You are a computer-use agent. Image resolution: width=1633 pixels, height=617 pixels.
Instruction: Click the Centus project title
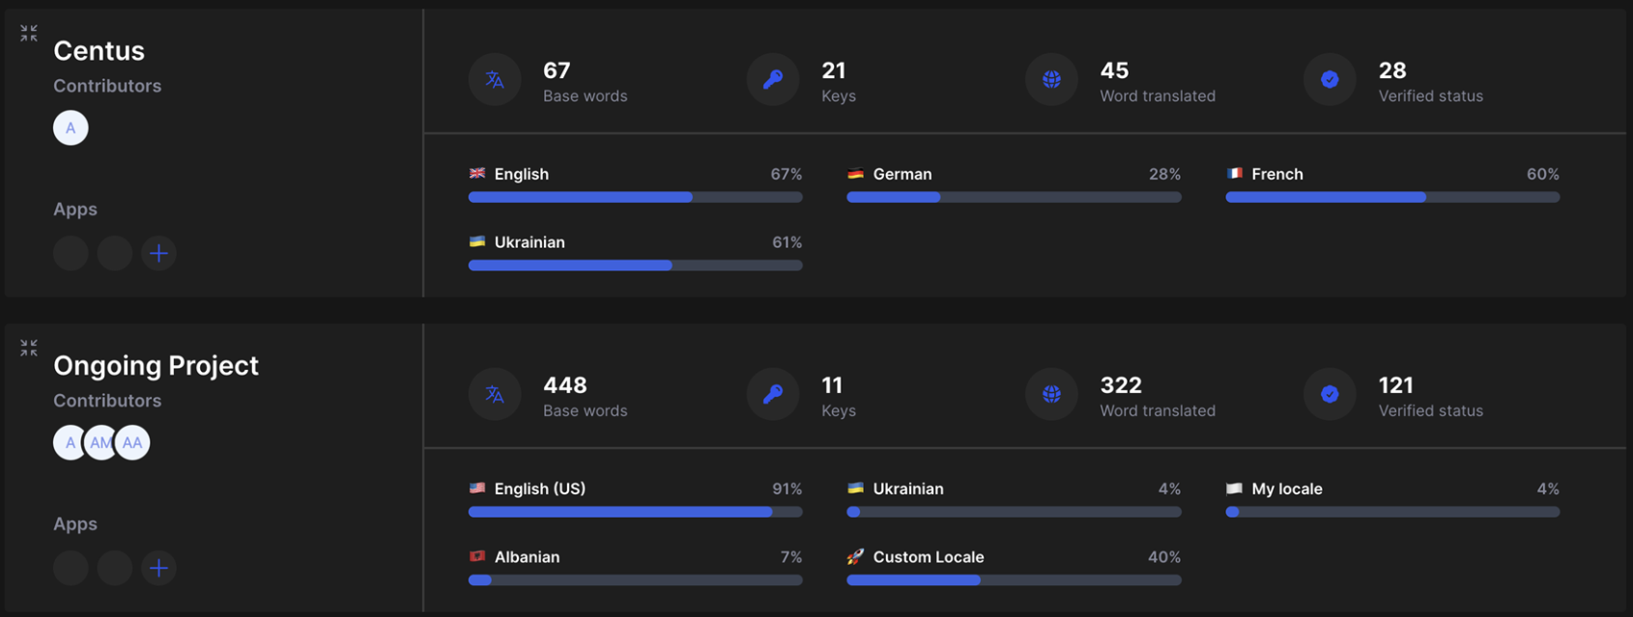pyautogui.click(x=99, y=51)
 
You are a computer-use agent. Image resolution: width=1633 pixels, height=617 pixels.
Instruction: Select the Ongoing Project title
pyautogui.click(x=156, y=366)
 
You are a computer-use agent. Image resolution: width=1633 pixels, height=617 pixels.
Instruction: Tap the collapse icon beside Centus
pyautogui.click(x=29, y=34)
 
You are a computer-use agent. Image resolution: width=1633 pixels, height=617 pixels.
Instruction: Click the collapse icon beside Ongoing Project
pyautogui.click(x=29, y=348)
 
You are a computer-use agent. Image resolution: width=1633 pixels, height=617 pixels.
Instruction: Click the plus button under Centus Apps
pyautogui.click(x=158, y=253)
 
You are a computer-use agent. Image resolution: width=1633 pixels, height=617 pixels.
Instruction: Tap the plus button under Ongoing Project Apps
pyautogui.click(x=158, y=568)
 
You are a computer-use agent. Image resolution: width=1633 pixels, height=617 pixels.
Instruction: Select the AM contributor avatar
pyautogui.click(x=100, y=443)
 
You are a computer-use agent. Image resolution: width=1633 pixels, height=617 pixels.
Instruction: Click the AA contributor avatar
pyautogui.click(x=132, y=443)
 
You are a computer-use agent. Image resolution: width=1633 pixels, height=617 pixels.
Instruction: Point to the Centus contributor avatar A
pyautogui.click(x=71, y=128)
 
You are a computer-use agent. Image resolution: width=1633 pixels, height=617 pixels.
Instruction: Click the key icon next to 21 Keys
pyautogui.click(x=773, y=80)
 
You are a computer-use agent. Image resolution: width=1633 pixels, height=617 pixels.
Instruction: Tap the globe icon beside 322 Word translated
pyautogui.click(x=1051, y=394)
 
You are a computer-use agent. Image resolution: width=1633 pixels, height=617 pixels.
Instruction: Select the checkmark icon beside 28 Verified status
pyautogui.click(x=1330, y=80)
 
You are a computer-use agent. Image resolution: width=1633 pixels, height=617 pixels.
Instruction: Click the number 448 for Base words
pyautogui.click(x=565, y=385)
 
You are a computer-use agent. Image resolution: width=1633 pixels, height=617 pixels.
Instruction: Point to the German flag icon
pyautogui.click(x=855, y=174)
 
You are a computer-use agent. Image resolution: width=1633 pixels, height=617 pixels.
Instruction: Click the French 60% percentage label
pyautogui.click(x=1542, y=175)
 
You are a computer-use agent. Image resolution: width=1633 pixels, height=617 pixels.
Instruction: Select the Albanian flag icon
pyautogui.click(x=477, y=557)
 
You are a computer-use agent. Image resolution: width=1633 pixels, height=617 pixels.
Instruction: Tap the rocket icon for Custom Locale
pyautogui.click(x=855, y=557)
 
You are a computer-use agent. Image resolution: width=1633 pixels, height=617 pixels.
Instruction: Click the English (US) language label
pyautogui.click(x=539, y=490)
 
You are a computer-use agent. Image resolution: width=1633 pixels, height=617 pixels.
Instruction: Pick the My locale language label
pyautogui.click(x=1286, y=490)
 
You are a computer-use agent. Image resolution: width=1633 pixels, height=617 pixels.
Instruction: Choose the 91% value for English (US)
pyautogui.click(x=787, y=490)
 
